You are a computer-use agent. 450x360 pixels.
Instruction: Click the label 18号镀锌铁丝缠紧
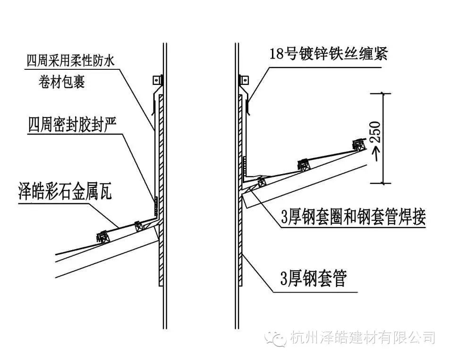click(329, 53)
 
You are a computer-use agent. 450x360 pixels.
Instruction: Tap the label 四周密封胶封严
click(72, 125)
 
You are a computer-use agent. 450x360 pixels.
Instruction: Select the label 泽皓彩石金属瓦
click(65, 191)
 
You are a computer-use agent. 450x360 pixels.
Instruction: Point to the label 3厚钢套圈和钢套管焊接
click(353, 217)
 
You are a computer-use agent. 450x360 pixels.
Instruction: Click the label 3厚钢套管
click(314, 278)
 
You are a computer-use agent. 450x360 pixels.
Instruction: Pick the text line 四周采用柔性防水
click(71, 61)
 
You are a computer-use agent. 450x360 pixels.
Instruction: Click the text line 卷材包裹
click(62, 82)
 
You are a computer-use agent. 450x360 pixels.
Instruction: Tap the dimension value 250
click(375, 133)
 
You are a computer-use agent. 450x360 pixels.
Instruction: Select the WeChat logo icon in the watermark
click(275, 338)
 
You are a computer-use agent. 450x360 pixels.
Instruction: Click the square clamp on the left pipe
click(157, 80)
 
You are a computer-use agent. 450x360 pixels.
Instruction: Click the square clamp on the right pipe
click(244, 80)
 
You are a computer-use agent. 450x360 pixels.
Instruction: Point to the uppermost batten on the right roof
click(359, 145)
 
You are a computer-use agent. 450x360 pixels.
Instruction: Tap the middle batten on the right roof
click(304, 165)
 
